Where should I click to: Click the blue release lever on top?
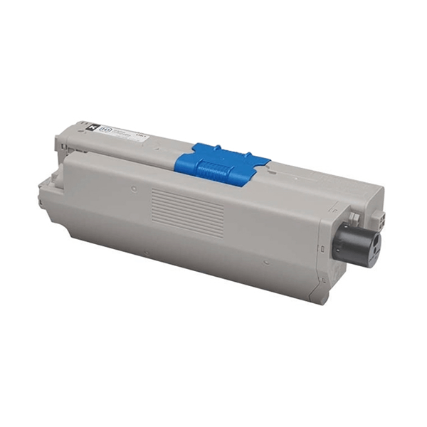point(222,163)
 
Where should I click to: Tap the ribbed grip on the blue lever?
point(215,172)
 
